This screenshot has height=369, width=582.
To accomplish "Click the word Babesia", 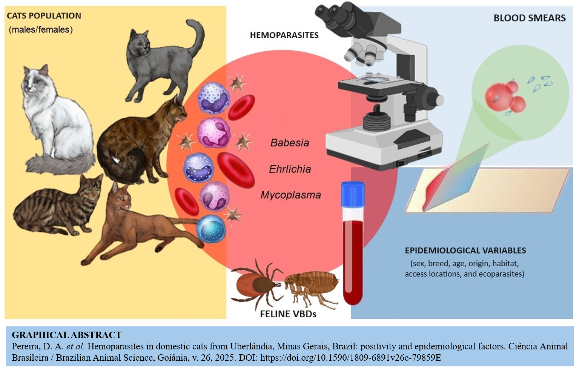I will click(x=290, y=143).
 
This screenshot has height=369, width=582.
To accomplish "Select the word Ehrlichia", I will click(x=290, y=169).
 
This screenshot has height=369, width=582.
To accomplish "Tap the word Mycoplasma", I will click(x=290, y=195).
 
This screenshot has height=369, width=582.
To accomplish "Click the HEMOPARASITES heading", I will click(x=284, y=35).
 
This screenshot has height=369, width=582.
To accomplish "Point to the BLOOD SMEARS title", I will click(x=529, y=18).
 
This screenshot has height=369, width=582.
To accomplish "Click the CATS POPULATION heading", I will click(x=44, y=16).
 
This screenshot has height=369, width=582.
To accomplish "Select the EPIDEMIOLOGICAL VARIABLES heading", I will click(x=465, y=250).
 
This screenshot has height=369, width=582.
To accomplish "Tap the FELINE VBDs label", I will click(x=288, y=314).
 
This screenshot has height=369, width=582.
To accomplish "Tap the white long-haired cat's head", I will click(x=37, y=79).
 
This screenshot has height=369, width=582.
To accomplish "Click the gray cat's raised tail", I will click(x=197, y=36).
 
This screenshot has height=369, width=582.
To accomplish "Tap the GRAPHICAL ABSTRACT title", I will click(x=66, y=335).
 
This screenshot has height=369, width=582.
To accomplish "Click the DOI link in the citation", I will click(x=350, y=357).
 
